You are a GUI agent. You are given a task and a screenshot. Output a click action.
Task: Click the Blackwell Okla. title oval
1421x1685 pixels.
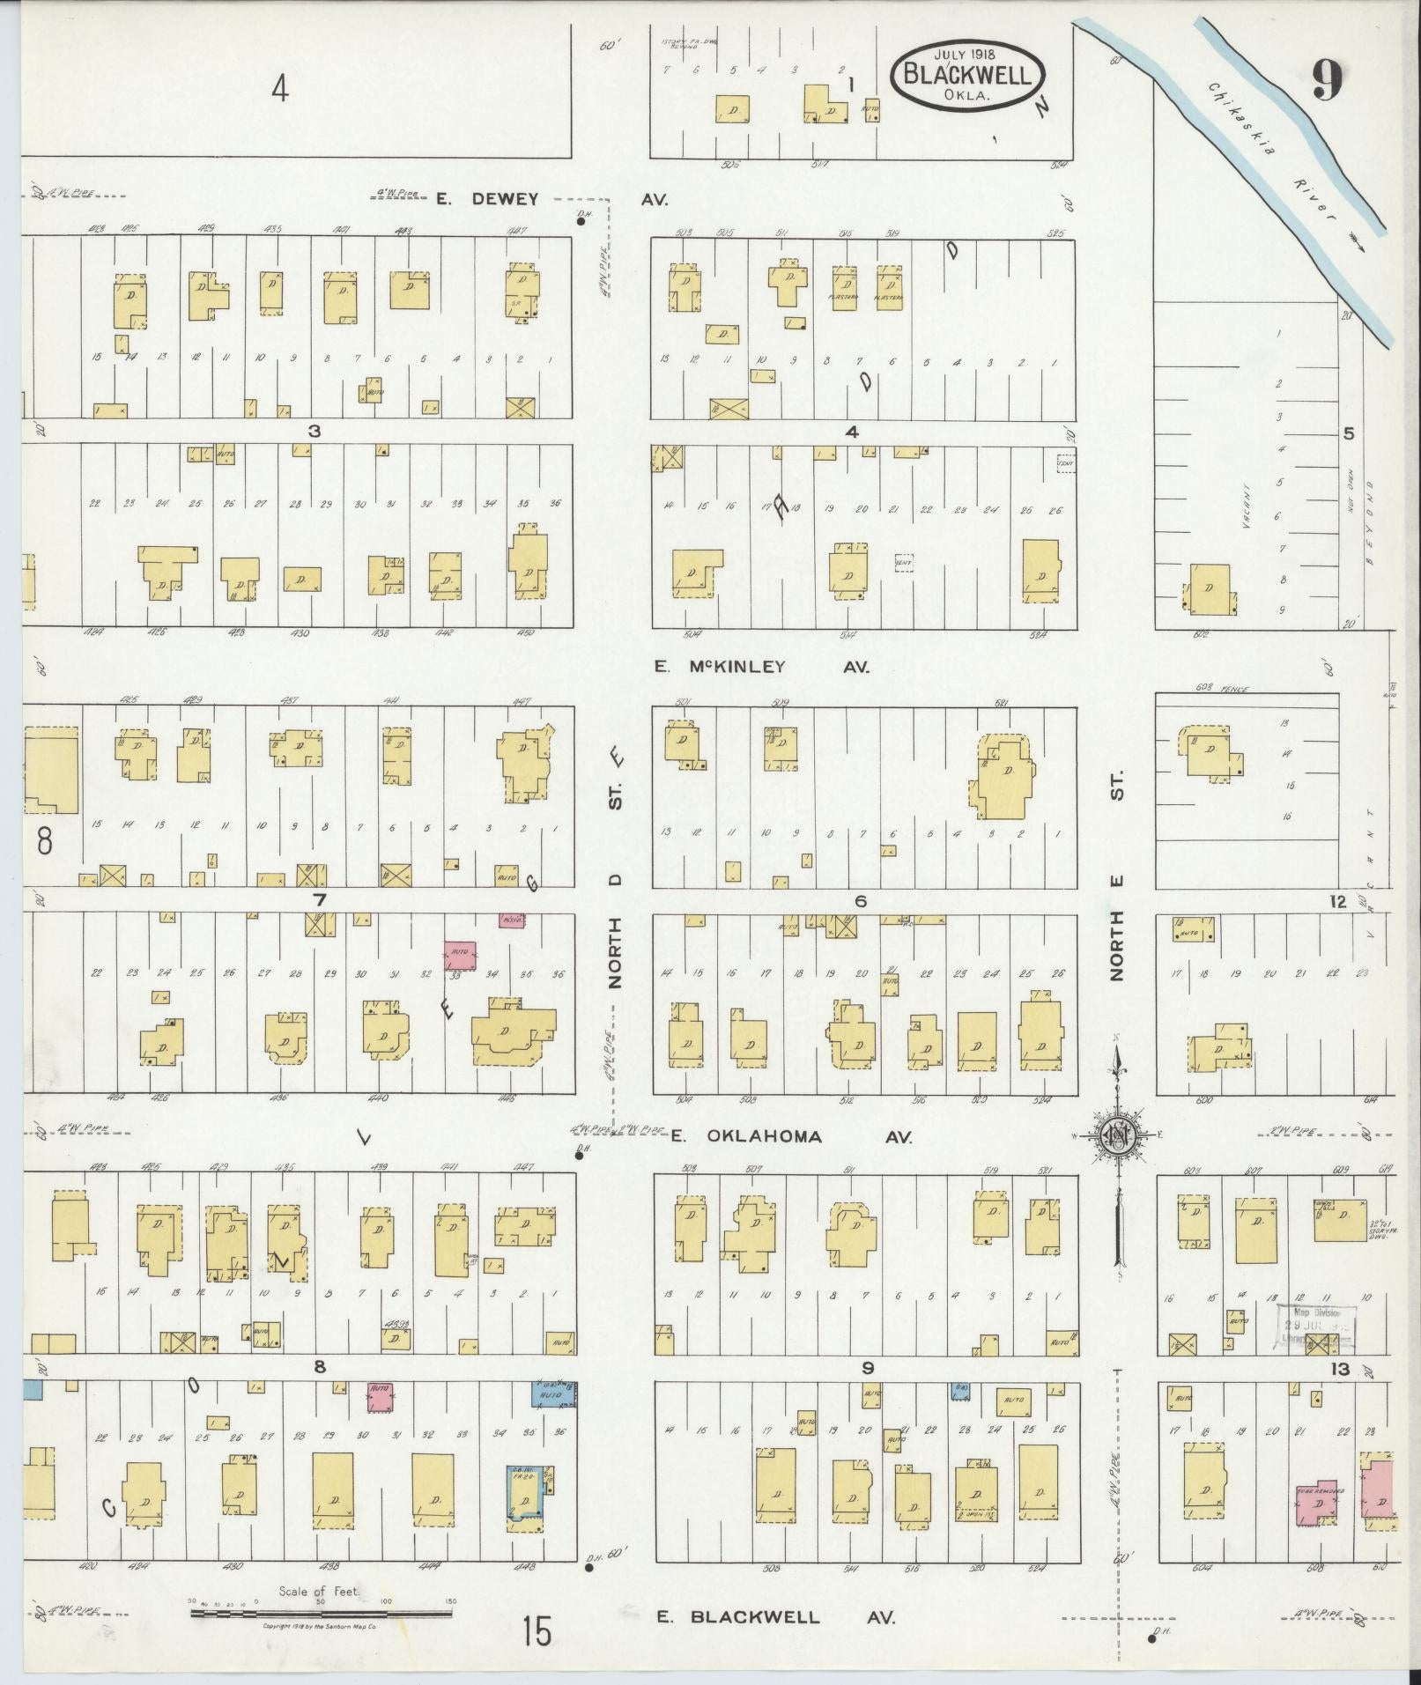(x=966, y=75)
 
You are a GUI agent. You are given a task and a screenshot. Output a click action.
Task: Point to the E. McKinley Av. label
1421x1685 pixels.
(x=762, y=667)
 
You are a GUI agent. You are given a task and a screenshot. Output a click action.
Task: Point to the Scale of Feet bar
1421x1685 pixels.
(x=322, y=1613)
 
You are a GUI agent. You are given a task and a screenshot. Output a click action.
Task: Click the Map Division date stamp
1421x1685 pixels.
(x=1318, y=1324)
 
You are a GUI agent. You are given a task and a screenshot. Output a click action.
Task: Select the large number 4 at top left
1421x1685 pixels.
(x=279, y=88)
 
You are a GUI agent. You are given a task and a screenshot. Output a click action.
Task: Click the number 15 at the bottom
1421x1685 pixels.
(x=535, y=1630)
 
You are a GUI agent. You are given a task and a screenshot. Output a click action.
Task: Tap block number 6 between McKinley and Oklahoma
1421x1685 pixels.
(x=861, y=901)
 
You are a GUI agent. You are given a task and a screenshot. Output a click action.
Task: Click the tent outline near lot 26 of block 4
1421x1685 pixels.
(x=1065, y=462)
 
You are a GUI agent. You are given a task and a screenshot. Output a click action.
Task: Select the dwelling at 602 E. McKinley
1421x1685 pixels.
(x=1210, y=588)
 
